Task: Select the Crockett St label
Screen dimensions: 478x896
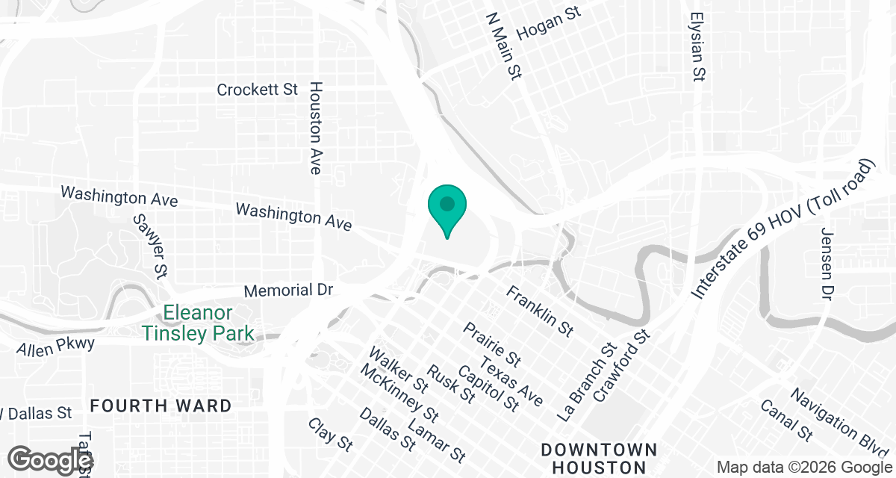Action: [x=257, y=90]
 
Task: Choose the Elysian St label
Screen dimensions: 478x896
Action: [x=698, y=46]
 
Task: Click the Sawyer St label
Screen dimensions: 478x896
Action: [x=149, y=246]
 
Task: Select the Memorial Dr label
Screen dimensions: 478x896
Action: [x=288, y=290]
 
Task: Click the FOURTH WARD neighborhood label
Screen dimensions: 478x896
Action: [x=161, y=406]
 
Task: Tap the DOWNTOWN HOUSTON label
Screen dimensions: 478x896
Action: [x=600, y=459]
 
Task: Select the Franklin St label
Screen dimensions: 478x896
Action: [x=539, y=310]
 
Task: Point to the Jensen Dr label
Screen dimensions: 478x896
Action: [x=827, y=264]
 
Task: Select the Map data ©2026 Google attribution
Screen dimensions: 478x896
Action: [x=803, y=467]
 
